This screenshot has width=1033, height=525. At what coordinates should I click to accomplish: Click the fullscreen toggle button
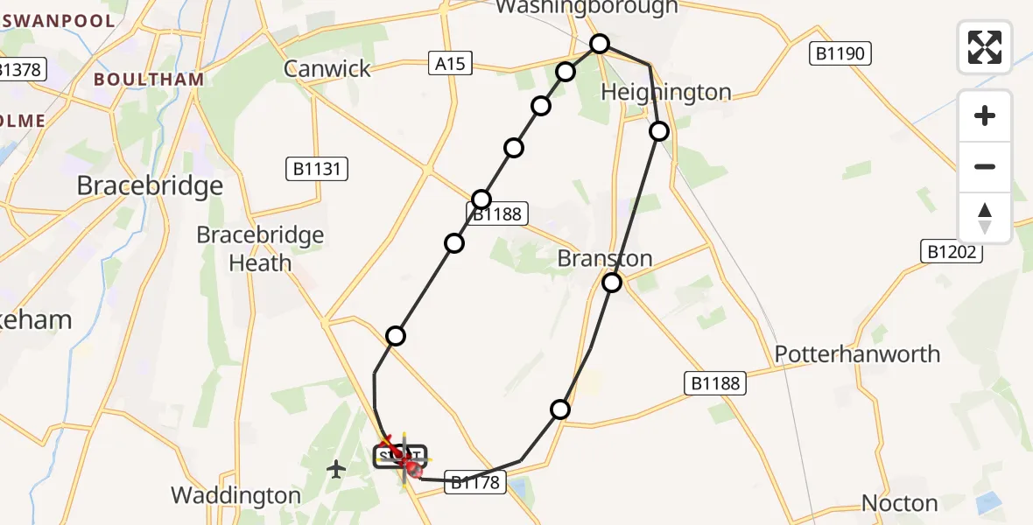pos(985,47)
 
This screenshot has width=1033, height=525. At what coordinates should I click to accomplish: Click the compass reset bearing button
pos(985,218)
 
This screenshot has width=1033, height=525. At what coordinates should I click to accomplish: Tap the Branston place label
pos(606,259)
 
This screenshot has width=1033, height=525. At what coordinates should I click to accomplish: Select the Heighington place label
pos(666,93)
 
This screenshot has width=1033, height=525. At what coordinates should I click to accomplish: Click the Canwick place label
pos(327,69)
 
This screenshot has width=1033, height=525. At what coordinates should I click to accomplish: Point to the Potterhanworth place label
pos(857,354)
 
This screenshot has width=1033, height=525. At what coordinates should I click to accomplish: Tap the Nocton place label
pos(899,503)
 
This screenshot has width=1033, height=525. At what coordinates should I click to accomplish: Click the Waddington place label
pos(235,495)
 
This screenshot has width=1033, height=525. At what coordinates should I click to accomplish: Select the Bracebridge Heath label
pos(260,248)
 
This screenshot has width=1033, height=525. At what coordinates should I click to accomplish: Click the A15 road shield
pos(452,63)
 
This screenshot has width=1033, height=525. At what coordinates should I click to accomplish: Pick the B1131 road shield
pos(317,169)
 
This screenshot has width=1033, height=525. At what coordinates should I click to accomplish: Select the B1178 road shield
pos(475,481)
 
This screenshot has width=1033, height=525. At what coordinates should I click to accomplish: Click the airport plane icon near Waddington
pos(336,470)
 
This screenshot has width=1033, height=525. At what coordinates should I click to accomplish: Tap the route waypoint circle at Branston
pos(612,283)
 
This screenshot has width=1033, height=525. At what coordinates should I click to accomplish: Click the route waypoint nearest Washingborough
pos(599,44)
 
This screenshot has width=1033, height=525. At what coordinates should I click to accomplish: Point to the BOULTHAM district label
pos(149,79)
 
